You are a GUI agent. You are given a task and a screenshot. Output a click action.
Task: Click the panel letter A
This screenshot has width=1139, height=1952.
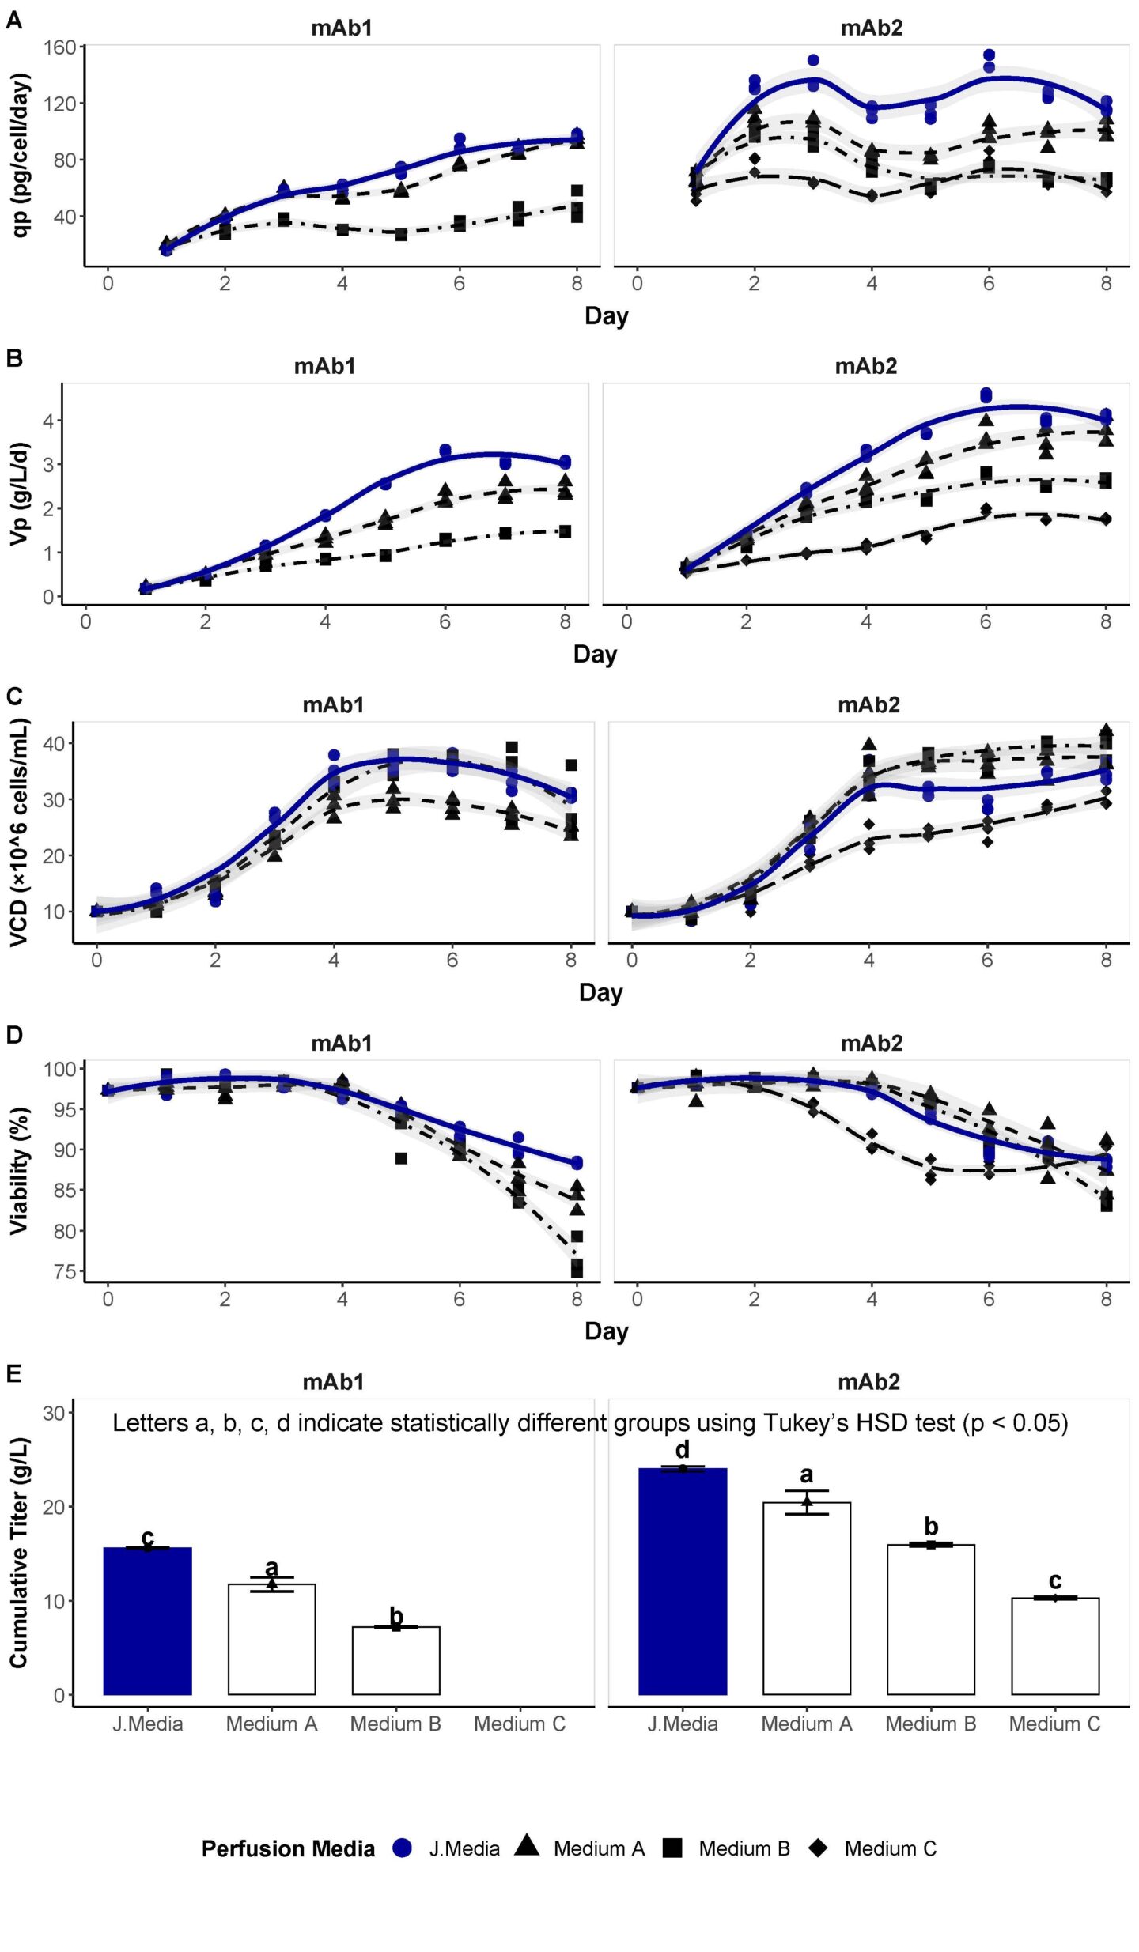point(13,20)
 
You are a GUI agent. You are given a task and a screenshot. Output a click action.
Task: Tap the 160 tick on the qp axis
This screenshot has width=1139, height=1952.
point(59,47)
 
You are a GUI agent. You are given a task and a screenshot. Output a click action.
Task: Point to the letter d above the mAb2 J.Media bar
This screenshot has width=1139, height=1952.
point(683,1449)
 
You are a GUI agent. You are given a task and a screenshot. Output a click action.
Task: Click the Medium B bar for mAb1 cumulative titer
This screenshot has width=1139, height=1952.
point(395,1659)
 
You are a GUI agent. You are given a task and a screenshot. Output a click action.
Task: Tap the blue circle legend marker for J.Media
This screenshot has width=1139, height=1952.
point(403,1848)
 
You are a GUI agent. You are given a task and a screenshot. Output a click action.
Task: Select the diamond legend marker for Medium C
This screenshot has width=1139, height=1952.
point(819,1848)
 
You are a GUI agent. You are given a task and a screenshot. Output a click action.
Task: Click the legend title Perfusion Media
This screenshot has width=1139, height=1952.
point(288,1848)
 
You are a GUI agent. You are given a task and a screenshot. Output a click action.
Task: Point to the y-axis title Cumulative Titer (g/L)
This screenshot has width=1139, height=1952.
point(19,1552)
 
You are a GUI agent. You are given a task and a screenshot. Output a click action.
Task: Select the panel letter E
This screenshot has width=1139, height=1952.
point(13,1374)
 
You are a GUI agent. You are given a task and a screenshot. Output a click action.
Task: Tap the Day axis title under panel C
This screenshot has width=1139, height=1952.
point(600,992)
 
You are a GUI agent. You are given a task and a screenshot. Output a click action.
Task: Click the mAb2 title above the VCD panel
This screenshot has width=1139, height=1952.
point(868,704)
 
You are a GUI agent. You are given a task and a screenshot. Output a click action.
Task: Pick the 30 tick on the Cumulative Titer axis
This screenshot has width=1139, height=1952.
point(54,1413)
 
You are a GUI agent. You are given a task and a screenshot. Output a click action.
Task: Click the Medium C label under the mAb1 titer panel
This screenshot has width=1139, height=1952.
point(520,1724)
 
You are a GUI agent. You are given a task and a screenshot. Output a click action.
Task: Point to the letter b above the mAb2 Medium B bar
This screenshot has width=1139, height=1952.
point(931,1527)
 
